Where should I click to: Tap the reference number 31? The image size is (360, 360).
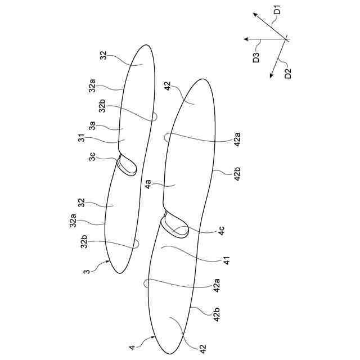coord(83,139)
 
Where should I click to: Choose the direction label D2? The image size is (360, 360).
coord(288,73)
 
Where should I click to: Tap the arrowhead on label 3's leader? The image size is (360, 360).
coord(107,262)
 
